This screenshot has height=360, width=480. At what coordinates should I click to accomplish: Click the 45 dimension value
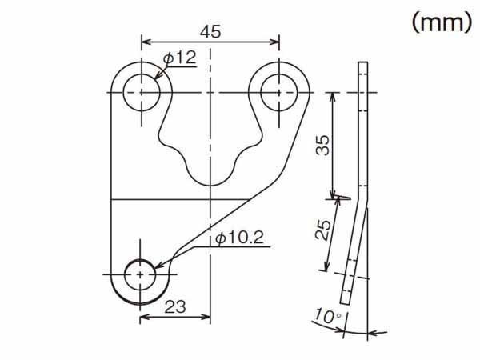coord(210,32)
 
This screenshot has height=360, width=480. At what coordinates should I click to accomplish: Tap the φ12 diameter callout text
coord(180,58)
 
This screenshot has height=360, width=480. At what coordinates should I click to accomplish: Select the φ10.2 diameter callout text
coord(239,238)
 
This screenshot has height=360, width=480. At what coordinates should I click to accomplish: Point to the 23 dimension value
coord(175,306)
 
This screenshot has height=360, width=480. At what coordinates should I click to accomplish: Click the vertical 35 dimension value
coord(323,145)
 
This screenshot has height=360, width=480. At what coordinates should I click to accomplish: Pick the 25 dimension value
coord(323,230)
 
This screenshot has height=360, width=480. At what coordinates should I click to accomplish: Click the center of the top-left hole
coord(142,92)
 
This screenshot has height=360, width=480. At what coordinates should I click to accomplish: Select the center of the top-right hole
coord(279,92)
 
